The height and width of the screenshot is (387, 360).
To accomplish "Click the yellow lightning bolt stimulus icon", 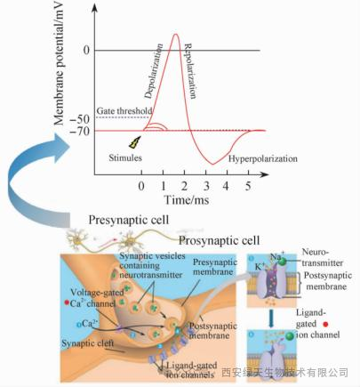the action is pyautogui.click(x=134, y=142).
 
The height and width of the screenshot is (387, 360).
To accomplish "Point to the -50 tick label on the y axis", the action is pyautogui.click(x=79, y=119).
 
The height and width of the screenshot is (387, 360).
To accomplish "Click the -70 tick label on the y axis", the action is pyautogui.click(x=79, y=131).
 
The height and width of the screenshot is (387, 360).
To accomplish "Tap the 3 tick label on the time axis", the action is pyautogui.click(x=206, y=187).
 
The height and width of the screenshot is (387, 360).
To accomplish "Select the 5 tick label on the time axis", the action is pyautogui.click(x=248, y=187).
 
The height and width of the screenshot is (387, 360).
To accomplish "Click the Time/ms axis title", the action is pyautogui.click(x=187, y=199).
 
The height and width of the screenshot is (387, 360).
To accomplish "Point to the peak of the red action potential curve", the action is pyautogui.click(x=175, y=34).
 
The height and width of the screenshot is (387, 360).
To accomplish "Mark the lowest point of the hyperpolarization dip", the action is pyautogui.click(x=212, y=164).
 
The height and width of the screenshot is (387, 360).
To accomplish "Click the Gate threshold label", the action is pyautogui.click(x=124, y=111).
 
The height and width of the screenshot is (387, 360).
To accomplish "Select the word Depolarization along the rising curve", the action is pyautogui.click(x=154, y=71).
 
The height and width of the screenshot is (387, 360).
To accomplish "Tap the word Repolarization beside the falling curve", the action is pyautogui.click(x=190, y=70).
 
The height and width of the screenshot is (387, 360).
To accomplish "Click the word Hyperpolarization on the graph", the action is pyautogui.click(x=263, y=159).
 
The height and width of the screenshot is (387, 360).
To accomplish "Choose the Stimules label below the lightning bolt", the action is pyautogui.click(x=125, y=157).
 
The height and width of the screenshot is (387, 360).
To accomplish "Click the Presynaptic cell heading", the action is pyautogui.click(x=129, y=221).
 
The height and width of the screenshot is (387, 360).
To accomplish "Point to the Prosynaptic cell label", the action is pyautogui.click(x=220, y=240).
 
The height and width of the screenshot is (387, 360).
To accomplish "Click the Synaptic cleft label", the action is pyautogui.click(x=88, y=343).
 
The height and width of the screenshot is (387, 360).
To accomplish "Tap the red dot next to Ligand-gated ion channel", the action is pyautogui.click(x=325, y=325).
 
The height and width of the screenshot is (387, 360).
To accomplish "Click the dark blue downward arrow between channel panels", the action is pyautogui.click(x=270, y=318).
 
